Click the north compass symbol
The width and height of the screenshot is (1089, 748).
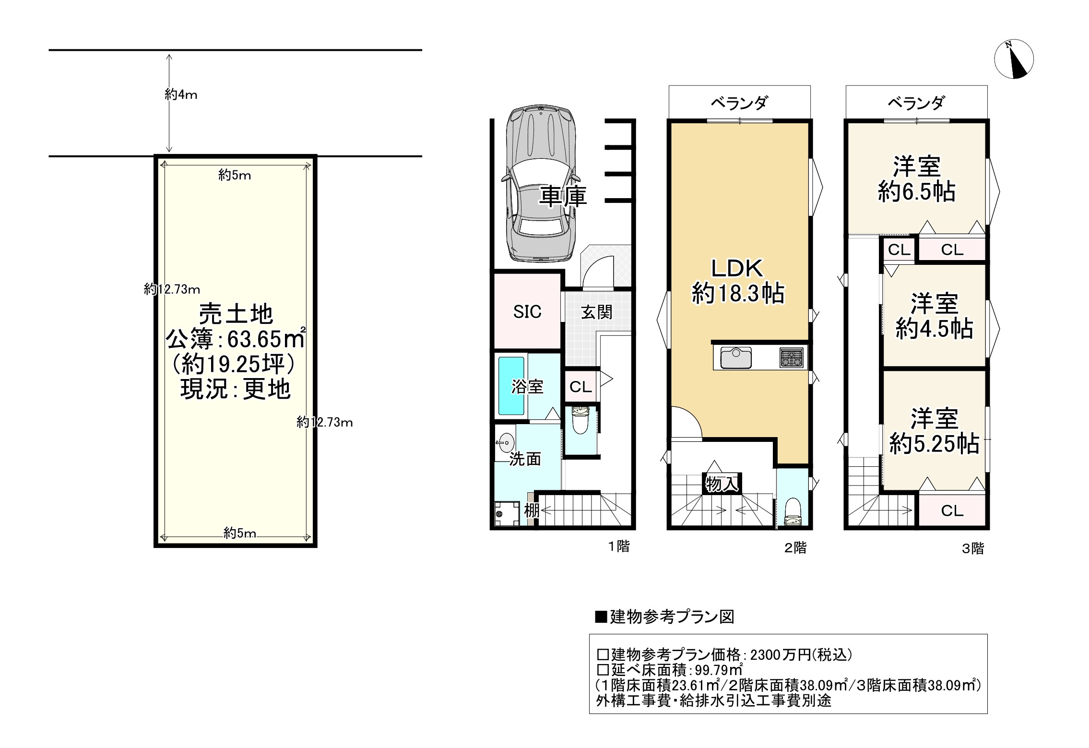coord(1014,59)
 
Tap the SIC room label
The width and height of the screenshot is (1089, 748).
coord(527,312)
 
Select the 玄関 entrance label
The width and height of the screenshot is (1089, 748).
coord(597,313)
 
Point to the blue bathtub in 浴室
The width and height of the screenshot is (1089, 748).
coord(511,386)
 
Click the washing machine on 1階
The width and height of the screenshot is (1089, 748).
coord(507,514)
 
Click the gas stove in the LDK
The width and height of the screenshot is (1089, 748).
coord(791,357)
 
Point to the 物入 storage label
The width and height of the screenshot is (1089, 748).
coord(722,485)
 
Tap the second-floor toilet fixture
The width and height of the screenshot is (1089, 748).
coord(792,512)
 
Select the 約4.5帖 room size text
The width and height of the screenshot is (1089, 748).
coord(935,330)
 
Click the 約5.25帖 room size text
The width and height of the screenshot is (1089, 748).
coord(935,444)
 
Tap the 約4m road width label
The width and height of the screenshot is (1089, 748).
coord(181,95)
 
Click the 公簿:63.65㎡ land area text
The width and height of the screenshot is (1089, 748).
coord(236,340)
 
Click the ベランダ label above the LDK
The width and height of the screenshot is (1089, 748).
coord(739,103)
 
